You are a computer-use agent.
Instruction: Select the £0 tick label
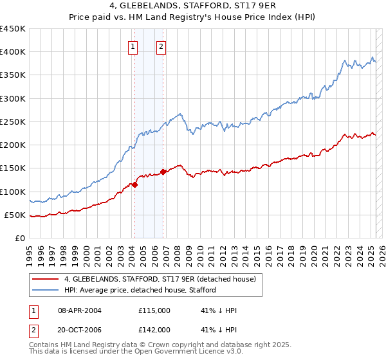(x=21, y=238)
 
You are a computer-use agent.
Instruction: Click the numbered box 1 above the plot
(x=133, y=46)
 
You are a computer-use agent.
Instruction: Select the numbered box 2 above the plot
(x=161, y=46)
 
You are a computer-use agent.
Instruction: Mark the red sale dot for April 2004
(x=135, y=184)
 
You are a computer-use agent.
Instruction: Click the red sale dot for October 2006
(x=163, y=172)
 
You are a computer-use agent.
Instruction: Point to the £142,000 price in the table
(x=154, y=329)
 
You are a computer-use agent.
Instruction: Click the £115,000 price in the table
(x=154, y=310)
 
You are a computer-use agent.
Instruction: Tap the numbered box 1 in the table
(x=32, y=310)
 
